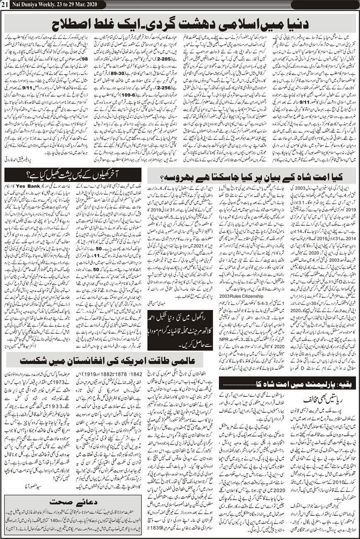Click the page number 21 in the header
(x=5, y=4)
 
